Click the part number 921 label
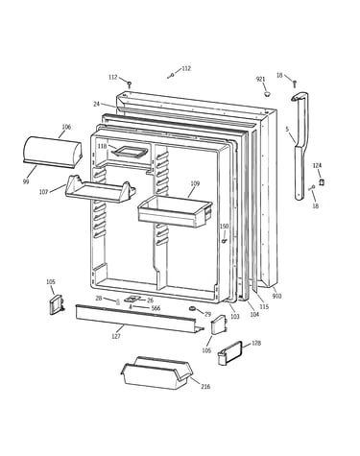click(260, 79)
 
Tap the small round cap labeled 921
click(267, 94)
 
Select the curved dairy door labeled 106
click(53, 152)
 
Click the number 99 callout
click(26, 181)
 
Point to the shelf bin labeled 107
click(100, 189)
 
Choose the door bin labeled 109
click(175, 212)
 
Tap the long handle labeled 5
click(300, 146)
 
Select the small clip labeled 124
click(322, 182)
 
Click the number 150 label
click(224, 227)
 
